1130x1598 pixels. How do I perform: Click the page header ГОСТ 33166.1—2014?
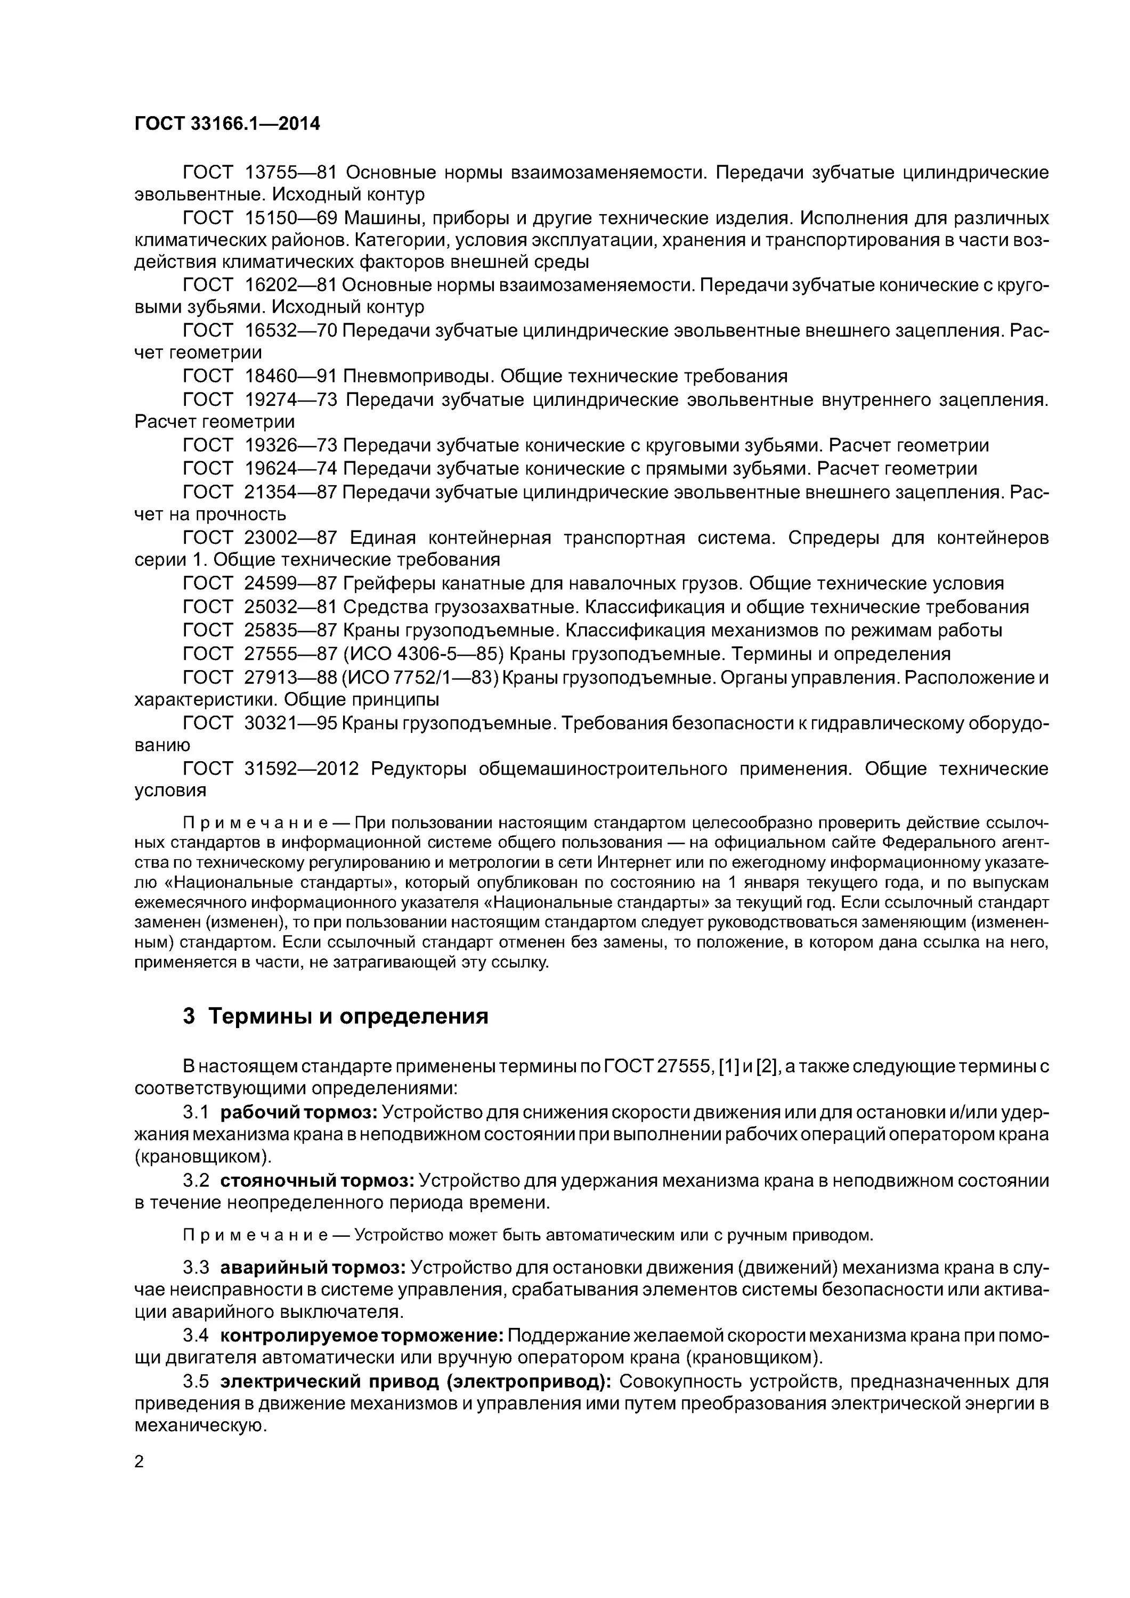pos(227,124)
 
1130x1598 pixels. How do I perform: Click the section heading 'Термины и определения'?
pos(348,1017)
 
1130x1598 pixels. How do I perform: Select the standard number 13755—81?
pos(290,172)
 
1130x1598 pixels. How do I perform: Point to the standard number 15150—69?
pos(290,218)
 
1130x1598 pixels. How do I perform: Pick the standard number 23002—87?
pos(290,537)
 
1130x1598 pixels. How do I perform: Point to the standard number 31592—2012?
pos(302,769)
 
